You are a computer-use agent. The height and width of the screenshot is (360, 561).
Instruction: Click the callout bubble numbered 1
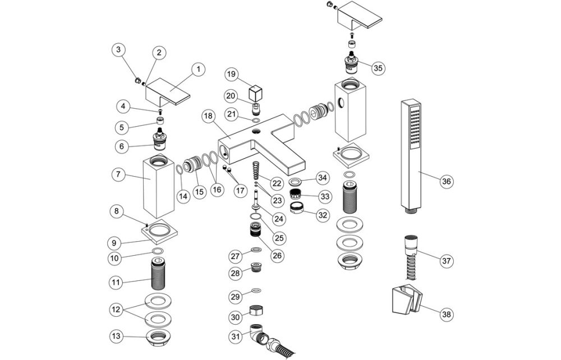pyautogui.click(x=197, y=70)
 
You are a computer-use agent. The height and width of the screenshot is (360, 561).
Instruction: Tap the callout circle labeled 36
pyautogui.click(x=446, y=181)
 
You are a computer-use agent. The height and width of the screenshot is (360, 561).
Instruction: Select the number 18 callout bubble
pyautogui.click(x=208, y=117)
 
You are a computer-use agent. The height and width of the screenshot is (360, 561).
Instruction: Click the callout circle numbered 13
pyautogui.click(x=116, y=336)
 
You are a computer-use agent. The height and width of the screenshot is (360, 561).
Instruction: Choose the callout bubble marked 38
pyautogui.click(x=446, y=314)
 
